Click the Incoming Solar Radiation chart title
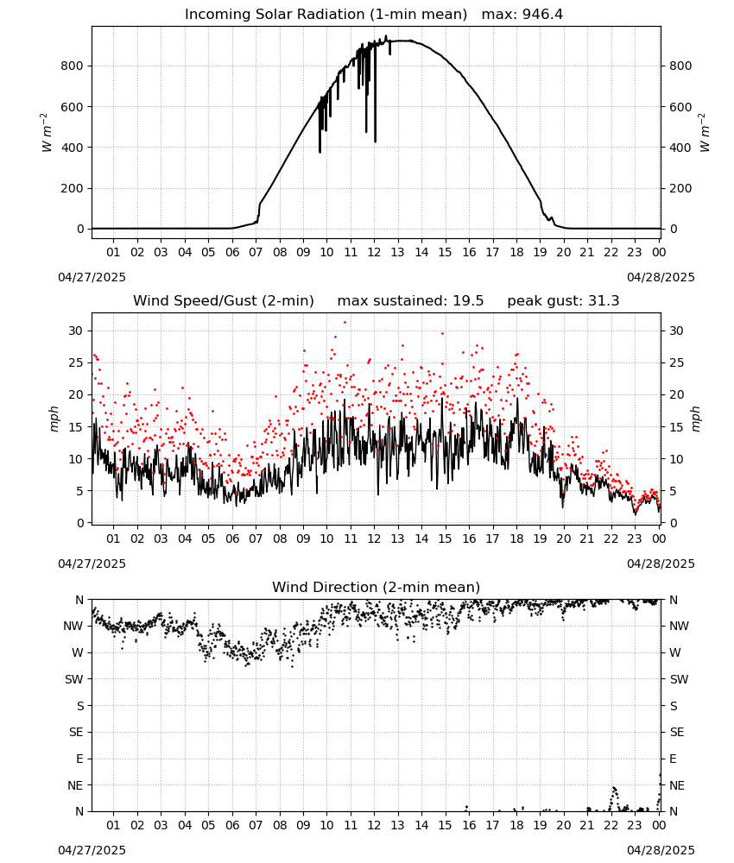tap(326, 15)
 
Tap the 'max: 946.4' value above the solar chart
tap(522, 15)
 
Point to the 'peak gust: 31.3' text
tap(563, 301)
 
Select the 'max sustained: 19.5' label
tap(410, 301)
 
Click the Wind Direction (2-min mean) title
tap(376, 587)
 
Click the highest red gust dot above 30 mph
tap(345, 323)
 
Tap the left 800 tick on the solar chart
tap(73, 66)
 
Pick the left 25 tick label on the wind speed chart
tap(76, 362)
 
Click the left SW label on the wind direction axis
tap(74, 679)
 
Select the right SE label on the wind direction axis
tap(677, 732)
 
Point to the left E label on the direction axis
tap(79, 759)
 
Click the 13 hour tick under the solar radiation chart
tap(397, 252)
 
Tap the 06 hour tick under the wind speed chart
tap(232, 539)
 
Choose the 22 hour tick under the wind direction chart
tap(611, 825)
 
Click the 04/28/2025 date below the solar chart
tap(661, 277)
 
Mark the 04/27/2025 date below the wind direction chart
tap(92, 850)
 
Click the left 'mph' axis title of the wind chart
tap(54, 419)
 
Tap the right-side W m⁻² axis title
tap(705, 133)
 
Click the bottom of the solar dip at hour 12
tap(376, 142)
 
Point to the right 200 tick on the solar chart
tap(680, 188)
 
